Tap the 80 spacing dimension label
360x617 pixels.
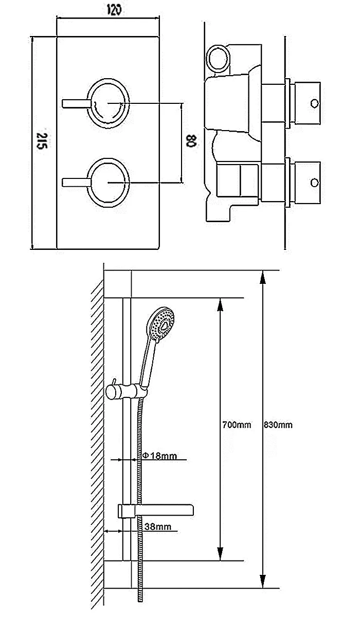tap(191, 141)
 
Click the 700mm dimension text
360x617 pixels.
tap(237, 425)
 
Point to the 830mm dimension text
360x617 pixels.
tap(278, 425)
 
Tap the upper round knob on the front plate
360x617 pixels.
tap(109, 103)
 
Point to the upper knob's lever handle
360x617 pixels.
tap(75, 103)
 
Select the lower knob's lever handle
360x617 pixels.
tap(75, 182)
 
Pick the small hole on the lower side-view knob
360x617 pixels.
tap(314, 182)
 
